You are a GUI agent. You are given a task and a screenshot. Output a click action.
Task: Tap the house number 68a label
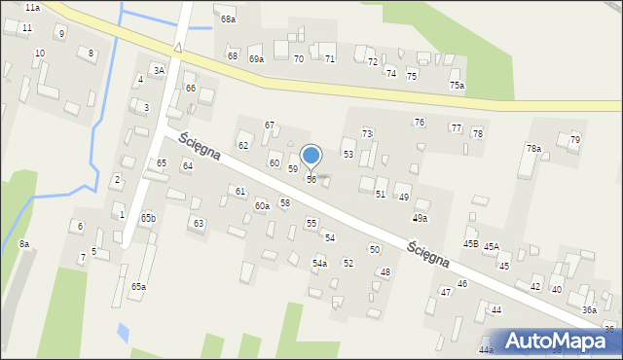point(228,19)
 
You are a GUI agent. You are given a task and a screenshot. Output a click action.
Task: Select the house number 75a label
point(457,87)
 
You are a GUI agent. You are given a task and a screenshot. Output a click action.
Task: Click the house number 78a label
point(533,149)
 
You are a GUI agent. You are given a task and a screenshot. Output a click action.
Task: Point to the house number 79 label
point(574,140)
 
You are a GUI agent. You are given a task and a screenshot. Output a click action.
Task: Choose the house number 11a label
point(32,8)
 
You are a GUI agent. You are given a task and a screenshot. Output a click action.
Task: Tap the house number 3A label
point(159,70)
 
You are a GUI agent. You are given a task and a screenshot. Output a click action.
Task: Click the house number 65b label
point(147,218)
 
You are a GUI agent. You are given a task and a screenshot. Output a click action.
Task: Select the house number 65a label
point(139,287)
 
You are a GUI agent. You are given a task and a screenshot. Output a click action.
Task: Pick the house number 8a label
point(23,244)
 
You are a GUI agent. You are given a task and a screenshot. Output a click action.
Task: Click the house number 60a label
point(262,206)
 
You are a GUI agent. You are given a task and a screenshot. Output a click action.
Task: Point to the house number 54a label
point(319,264)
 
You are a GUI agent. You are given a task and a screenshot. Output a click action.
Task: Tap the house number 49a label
point(420,219)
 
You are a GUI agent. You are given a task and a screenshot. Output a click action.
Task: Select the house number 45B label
point(471,244)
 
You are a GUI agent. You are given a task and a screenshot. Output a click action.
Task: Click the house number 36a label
point(590,309)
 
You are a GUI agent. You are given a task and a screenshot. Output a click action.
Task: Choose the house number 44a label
point(486,349)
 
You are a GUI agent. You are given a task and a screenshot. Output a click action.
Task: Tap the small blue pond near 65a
point(122,333)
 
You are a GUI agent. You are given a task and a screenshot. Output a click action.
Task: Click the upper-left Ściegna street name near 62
point(200,149)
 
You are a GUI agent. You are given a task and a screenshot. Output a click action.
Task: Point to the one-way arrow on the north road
point(179,47)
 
